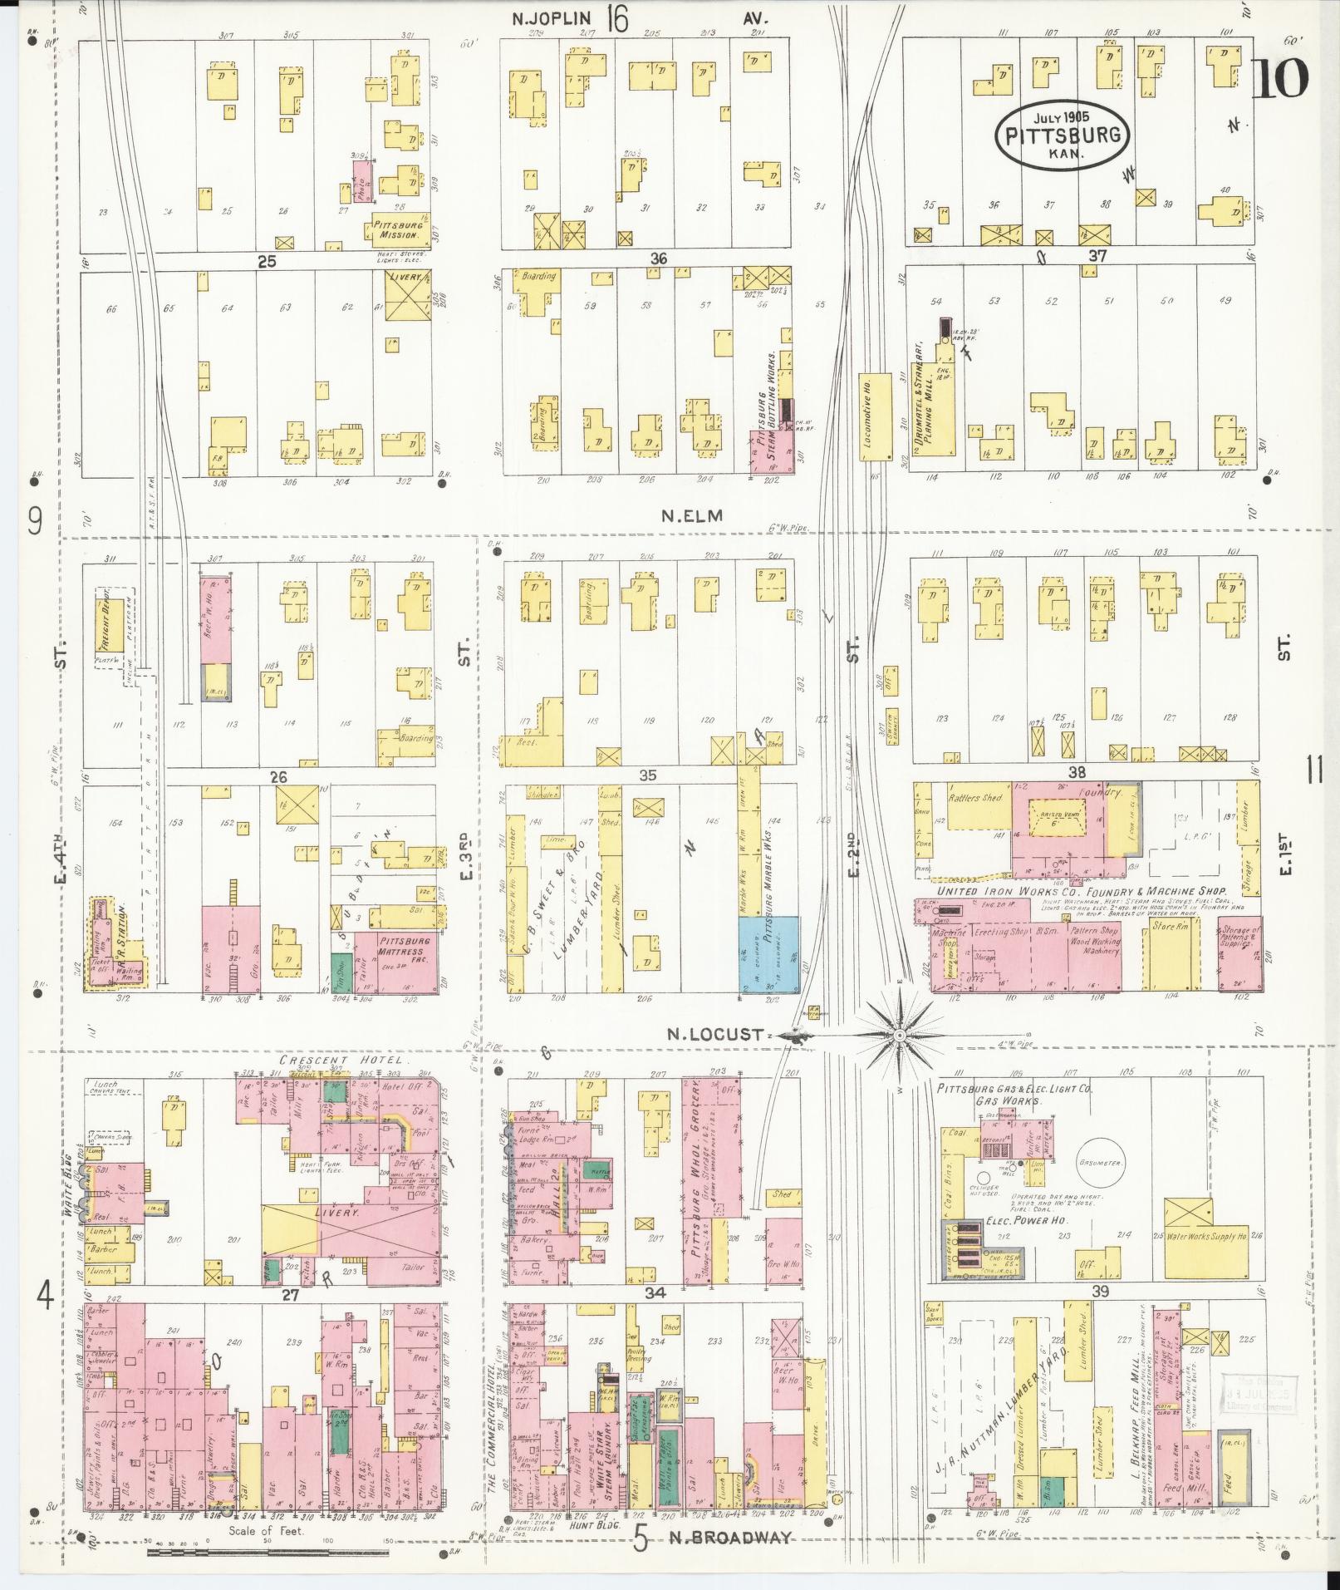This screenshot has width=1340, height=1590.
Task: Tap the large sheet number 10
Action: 1279,79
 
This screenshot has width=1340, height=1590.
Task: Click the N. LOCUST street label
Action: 717,1035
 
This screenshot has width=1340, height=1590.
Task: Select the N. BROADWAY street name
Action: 729,1538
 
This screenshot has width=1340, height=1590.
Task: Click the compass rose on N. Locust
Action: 899,1035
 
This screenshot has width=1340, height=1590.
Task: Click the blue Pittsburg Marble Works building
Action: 769,953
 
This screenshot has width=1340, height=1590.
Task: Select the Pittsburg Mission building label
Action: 398,229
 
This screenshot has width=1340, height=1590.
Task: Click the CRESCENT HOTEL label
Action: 341,1061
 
